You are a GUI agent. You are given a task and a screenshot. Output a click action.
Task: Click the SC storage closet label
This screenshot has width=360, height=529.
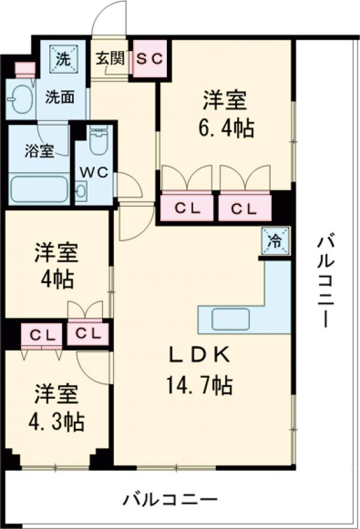coord(149,58)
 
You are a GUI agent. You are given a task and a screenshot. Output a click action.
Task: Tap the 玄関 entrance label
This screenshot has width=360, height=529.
coord(110,58)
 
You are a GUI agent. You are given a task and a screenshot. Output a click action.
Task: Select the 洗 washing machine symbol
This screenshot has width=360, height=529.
coord(62,58)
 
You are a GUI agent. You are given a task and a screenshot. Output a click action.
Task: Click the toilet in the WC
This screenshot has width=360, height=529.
coord(97,141)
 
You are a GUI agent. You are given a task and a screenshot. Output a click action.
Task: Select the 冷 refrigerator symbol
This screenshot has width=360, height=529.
coord(275,241)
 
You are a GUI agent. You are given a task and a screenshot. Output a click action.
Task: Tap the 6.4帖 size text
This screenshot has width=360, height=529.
coord(226,127)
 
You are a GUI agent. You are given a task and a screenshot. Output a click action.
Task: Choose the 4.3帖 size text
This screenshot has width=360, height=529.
coord(56,423)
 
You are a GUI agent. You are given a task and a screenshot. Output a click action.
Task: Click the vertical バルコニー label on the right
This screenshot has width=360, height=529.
coord(326,281)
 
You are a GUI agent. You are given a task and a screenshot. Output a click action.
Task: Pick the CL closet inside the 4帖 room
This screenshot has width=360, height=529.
coord(88,334)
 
